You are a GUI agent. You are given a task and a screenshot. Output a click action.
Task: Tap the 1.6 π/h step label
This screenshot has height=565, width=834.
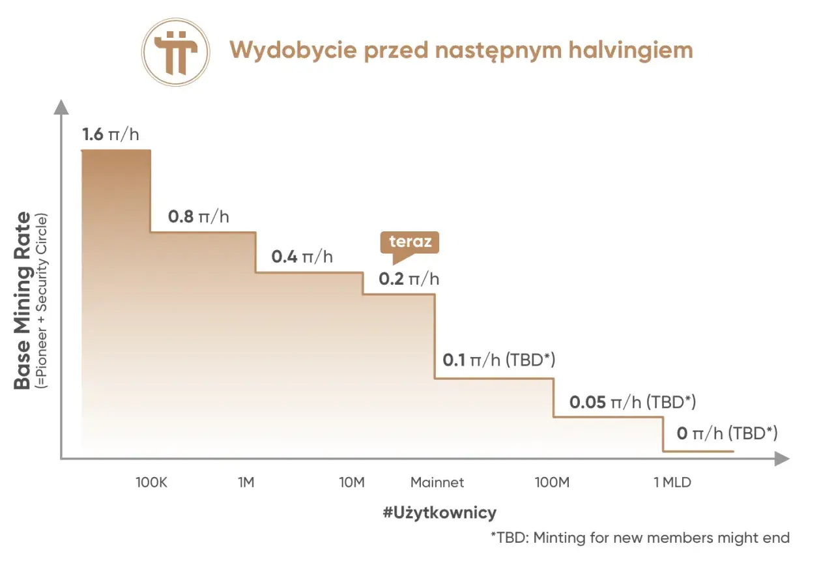click(111, 135)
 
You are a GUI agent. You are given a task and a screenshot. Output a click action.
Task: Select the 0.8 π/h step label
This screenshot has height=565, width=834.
click(198, 216)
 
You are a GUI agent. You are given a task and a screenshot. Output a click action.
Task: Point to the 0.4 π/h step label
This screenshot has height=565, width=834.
click(302, 256)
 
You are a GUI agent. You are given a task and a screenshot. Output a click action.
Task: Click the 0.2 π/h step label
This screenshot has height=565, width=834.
click(409, 279)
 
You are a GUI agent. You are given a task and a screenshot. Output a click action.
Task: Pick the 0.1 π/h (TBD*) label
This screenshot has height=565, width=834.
click(498, 360)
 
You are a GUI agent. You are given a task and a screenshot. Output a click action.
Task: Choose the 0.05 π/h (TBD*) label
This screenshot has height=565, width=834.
click(633, 402)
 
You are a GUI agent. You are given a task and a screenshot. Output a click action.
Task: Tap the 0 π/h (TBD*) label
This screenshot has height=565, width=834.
click(726, 433)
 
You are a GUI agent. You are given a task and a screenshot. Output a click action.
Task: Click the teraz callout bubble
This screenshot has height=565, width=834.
click(410, 242)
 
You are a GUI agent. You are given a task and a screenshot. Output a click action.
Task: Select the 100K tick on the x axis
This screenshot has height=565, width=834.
click(152, 483)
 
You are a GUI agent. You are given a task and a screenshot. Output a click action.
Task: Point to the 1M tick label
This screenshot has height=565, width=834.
click(246, 483)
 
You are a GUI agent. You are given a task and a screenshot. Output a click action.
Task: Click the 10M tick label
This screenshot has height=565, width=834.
click(351, 483)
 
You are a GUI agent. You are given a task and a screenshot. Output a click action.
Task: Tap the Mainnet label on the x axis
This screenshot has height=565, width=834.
click(437, 483)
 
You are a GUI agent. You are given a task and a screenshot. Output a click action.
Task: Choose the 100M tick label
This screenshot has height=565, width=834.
click(553, 483)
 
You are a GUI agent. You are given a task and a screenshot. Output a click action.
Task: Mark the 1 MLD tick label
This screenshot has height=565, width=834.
click(672, 483)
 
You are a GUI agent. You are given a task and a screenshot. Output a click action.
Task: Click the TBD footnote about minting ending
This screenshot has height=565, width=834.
click(640, 538)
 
